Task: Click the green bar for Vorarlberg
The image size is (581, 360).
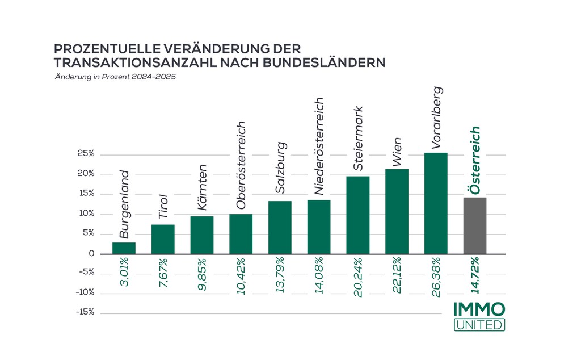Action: [x=435, y=203]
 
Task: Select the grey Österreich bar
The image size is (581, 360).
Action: [x=474, y=225]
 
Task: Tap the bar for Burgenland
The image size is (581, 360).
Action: [x=124, y=248]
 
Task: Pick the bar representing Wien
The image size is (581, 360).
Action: [x=397, y=211]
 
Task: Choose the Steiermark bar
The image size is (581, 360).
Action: [x=357, y=215]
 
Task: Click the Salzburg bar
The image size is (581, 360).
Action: [x=280, y=227]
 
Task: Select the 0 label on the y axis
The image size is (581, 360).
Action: [x=90, y=254]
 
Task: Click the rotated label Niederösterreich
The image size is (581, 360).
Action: [x=319, y=146]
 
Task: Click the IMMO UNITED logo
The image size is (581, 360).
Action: [x=479, y=316]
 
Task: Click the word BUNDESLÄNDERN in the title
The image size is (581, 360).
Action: [x=324, y=61]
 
